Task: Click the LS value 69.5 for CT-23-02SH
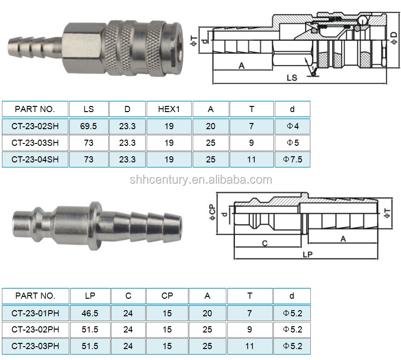(x=88, y=126)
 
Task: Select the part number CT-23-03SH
(x=35, y=143)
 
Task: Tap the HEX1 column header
(x=169, y=109)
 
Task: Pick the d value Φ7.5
(x=292, y=160)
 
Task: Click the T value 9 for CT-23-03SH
(x=252, y=143)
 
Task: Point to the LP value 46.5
(x=90, y=313)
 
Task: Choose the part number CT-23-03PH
(x=35, y=346)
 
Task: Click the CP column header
(x=167, y=296)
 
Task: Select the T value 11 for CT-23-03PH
(x=250, y=346)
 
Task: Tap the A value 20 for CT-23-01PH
(x=207, y=313)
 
